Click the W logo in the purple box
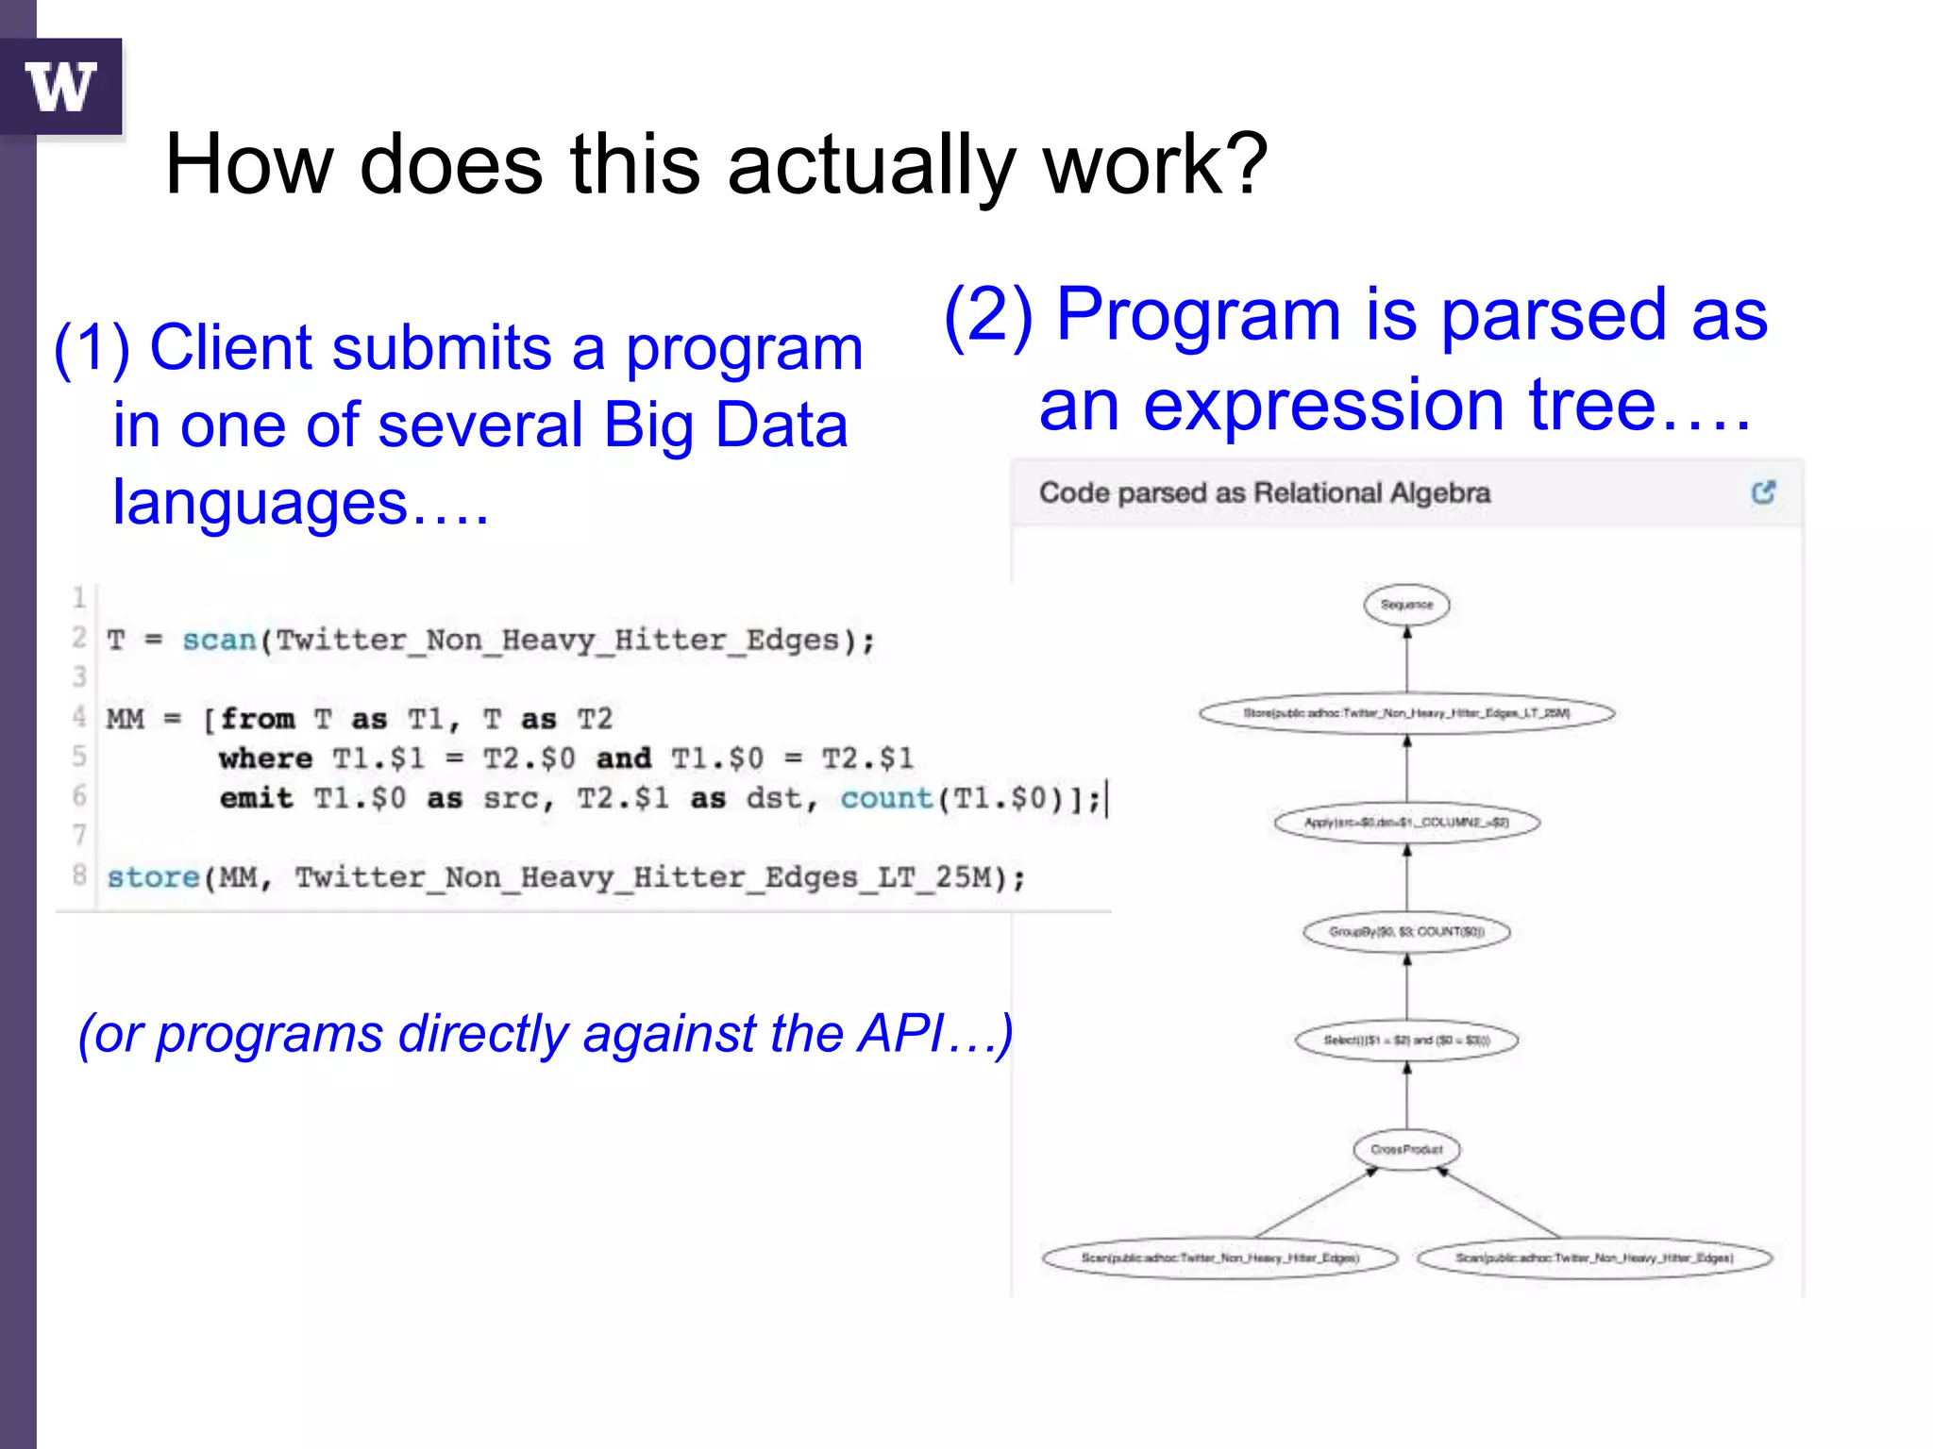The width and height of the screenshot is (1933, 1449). click(x=61, y=87)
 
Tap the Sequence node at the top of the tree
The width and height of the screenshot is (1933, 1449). click(x=1406, y=605)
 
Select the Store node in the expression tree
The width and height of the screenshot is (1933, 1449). click(x=1406, y=713)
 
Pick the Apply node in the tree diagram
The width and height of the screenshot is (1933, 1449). click(x=1406, y=823)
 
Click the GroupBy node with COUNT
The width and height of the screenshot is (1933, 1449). click(x=1406, y=932)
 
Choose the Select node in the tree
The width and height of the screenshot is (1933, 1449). click(x=1406, y=1041)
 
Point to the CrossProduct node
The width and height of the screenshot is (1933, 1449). click(x=1406, y=1150)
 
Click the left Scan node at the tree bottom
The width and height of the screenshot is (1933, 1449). click(x=1219, y=1258)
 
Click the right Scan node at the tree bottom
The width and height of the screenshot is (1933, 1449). click(x=1594, y=1258)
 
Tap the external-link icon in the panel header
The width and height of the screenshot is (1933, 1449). click(x=1763, y=492)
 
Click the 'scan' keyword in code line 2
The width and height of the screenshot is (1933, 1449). click(x=219, y=641)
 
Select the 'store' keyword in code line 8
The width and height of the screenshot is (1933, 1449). click(x=153, y=877)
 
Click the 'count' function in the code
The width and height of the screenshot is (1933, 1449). click(x=885, y=799)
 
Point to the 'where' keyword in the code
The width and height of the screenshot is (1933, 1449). click(x=265, y=758)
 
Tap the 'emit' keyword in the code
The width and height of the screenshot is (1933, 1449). click(x=256, y=799)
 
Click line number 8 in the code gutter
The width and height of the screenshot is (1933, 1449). click(x=79, y=875)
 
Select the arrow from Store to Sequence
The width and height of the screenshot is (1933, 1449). click(x=1406, y=660)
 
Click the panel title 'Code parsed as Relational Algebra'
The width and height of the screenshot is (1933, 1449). click(x=1265, y=492)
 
